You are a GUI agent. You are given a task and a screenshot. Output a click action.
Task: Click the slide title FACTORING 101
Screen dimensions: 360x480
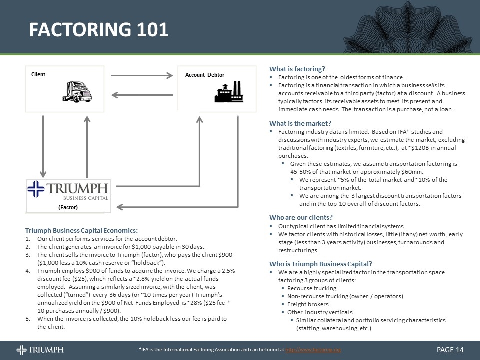coord(98,30)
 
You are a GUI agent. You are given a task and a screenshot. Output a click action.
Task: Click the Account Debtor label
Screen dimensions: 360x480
coord(204,75)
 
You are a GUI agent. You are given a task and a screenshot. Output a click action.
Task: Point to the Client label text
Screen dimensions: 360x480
coord(38,74)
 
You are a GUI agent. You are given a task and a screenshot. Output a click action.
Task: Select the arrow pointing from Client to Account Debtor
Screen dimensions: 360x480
coord(141,76)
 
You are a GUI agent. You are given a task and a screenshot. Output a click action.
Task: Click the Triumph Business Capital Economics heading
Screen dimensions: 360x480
coord(81,230)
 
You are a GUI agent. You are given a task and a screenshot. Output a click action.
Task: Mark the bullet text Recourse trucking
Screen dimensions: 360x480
coord(312,288)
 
